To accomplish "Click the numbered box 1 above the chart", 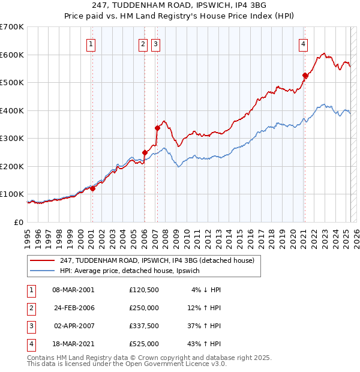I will (x=91, y=43).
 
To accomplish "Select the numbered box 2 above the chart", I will (x=143, y=43).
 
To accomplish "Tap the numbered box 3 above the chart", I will (x=155, y=43).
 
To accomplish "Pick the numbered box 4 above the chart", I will (x=304, y=43).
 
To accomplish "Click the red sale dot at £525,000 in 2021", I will (x=305, y=76).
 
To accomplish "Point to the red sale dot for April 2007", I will (x=157, y=128).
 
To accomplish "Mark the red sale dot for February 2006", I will (x=145, y=152).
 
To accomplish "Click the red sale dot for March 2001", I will (x=92, y=188).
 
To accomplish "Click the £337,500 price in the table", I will (x=144, y=326).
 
